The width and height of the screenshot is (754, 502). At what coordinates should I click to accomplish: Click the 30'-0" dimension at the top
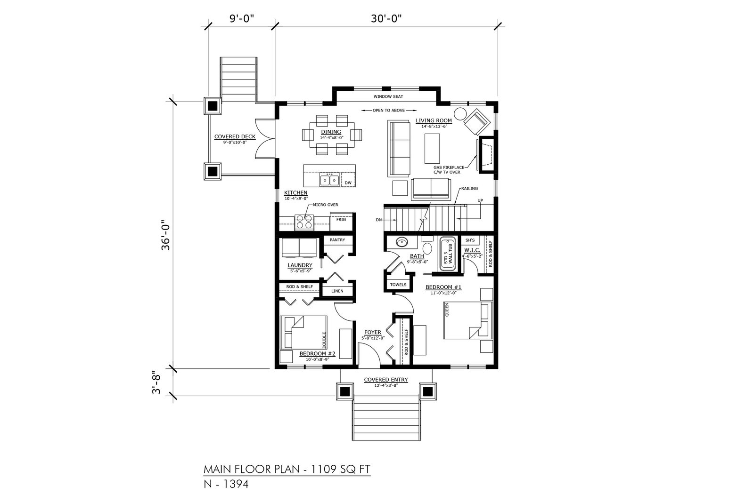coord(386,18)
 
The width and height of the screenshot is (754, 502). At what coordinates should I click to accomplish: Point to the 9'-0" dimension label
coord(241,18)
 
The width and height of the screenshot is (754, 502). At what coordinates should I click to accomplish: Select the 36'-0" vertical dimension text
coord(166,235)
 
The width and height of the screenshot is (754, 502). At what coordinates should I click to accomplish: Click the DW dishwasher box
coord(348,180)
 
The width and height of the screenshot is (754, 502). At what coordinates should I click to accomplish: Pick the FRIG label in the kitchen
coord(341,219)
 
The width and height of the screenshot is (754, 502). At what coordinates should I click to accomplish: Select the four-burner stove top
coord(304,222)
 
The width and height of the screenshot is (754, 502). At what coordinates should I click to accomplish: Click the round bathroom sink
coord(401,242)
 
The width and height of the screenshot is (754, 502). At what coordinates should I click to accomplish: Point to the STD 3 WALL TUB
coord(448,255)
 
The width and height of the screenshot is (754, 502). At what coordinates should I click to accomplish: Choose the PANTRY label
coord(337,240)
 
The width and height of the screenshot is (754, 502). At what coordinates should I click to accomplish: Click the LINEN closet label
coord(337,291)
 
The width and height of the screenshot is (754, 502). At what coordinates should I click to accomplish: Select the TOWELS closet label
coord(398,285)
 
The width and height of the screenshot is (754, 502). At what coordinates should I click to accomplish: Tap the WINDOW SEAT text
coord(388,97)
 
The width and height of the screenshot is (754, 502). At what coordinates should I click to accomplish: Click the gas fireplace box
coord(486,155)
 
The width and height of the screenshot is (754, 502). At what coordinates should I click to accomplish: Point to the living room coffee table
coord(432,149)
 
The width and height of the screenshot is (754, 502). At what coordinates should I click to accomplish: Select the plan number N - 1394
coord(226,484)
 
